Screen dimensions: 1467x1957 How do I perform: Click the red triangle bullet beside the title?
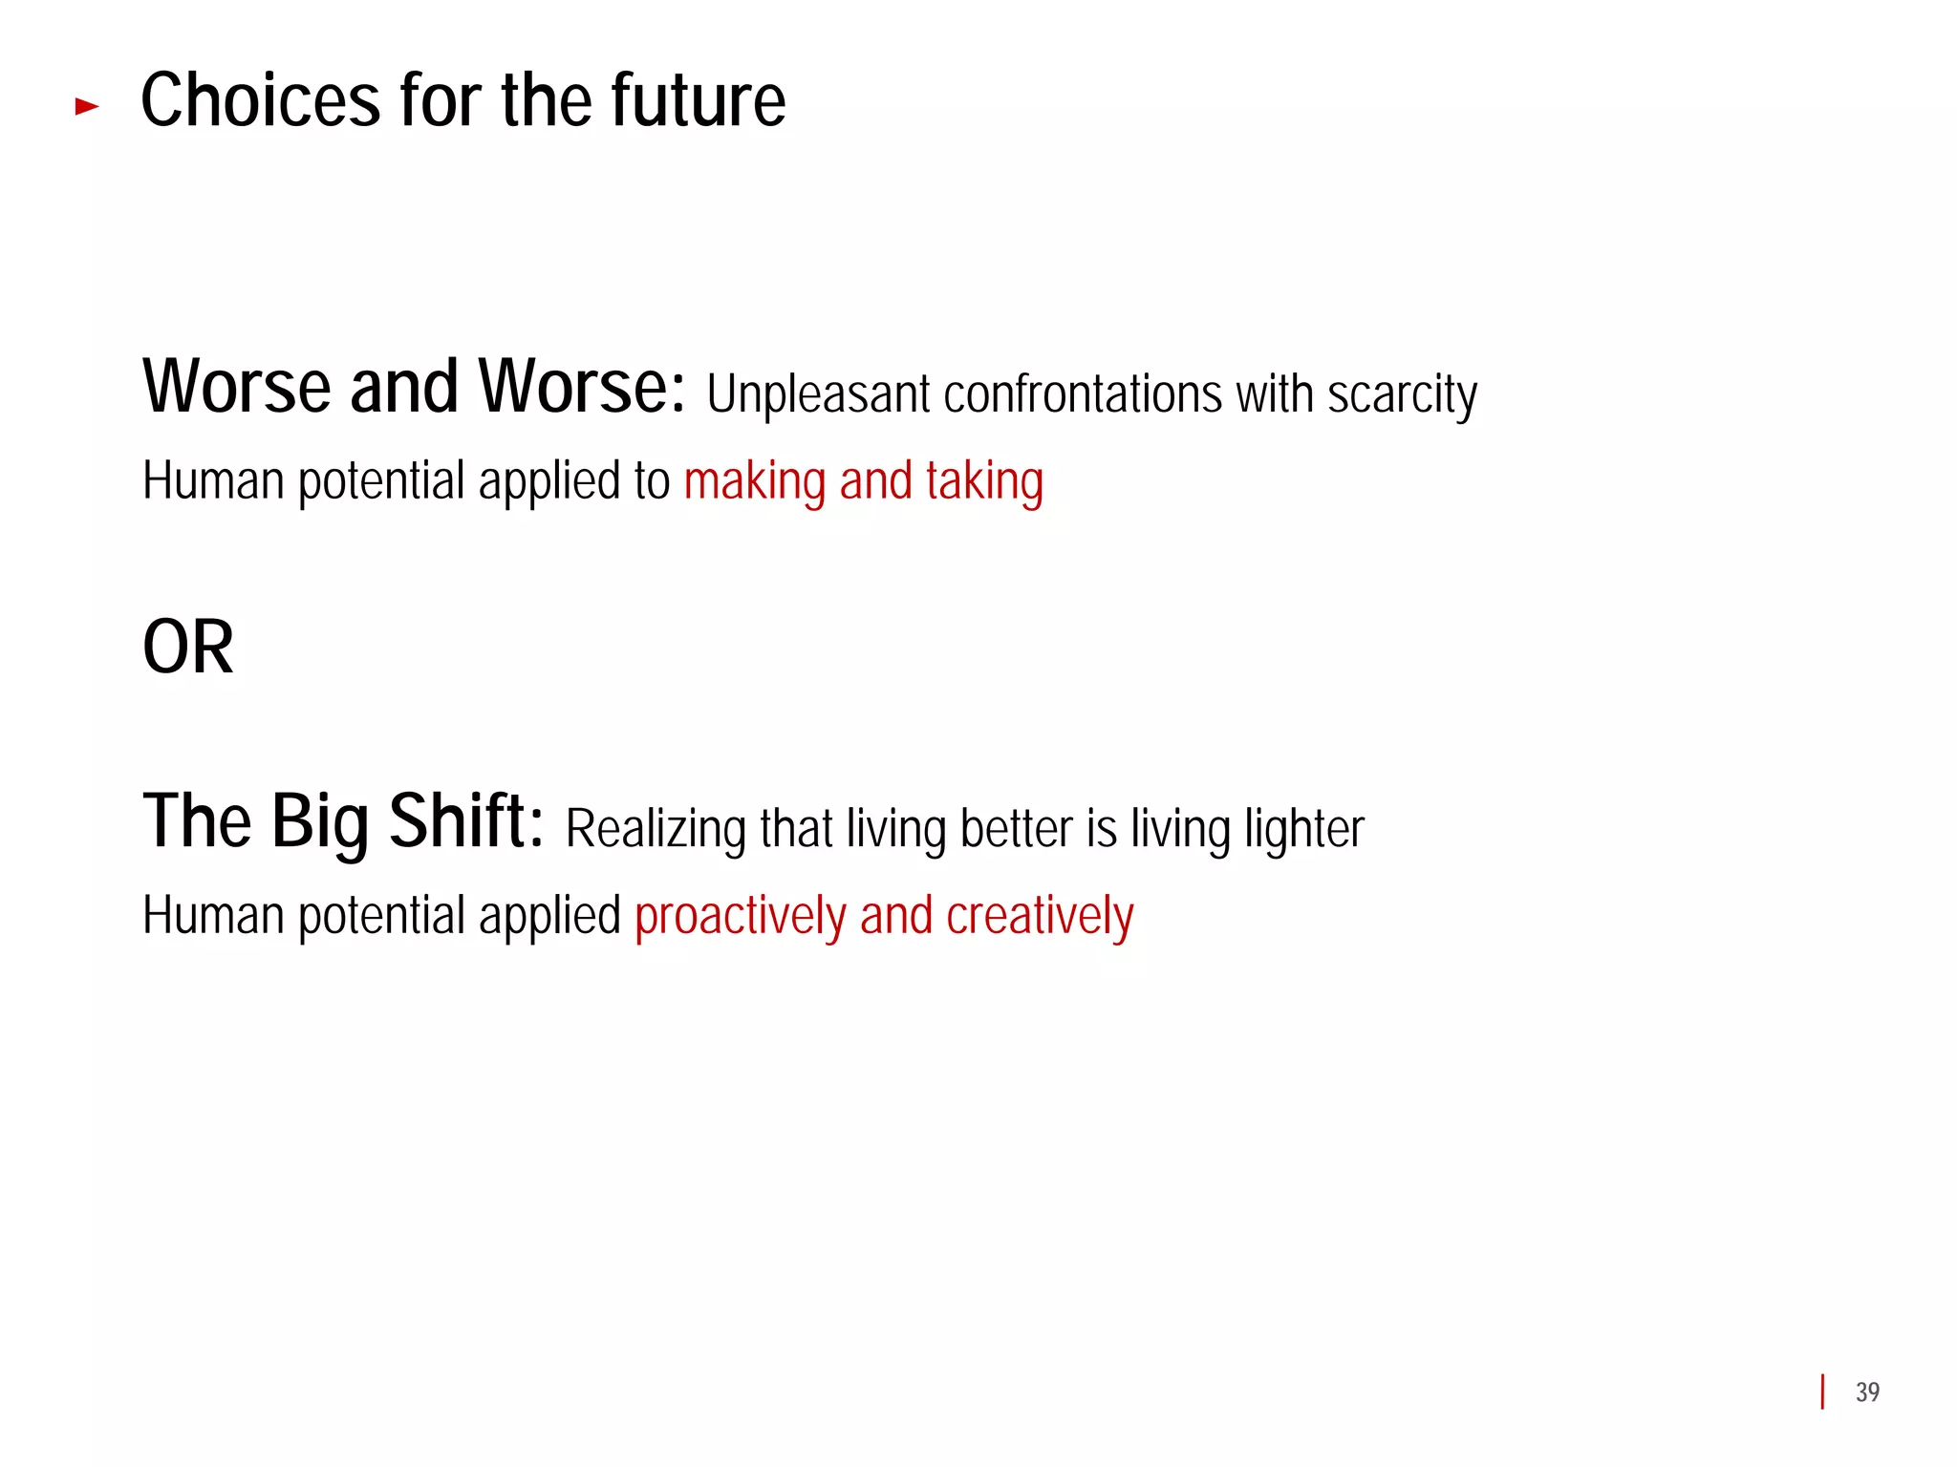tap(87, 106)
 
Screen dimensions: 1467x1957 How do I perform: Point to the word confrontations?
tap(1082, 393)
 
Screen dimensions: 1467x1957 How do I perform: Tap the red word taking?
tap(984, 481)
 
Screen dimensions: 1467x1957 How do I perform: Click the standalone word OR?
tap(188, 648)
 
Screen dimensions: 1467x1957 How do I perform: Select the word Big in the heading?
tap(320, 822)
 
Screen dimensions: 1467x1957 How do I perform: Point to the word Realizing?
tap(656, 829)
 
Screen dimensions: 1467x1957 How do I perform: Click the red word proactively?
tap(741, 917)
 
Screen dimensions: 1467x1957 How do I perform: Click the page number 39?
tap(1867, 1393)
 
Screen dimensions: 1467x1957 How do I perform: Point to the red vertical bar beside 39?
tap(1823, 1392)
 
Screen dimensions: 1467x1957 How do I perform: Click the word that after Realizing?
tap(796, 828)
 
